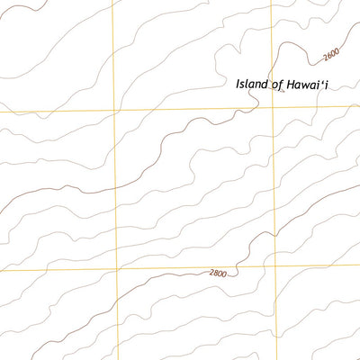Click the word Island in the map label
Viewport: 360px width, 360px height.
pos(252,84)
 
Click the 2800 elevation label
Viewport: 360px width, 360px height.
pos(217,273)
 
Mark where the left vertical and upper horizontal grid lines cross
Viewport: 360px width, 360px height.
pos(114,111)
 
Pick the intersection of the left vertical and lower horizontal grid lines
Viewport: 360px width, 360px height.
pos(116,269)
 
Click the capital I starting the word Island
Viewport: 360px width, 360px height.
pos(238,84)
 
